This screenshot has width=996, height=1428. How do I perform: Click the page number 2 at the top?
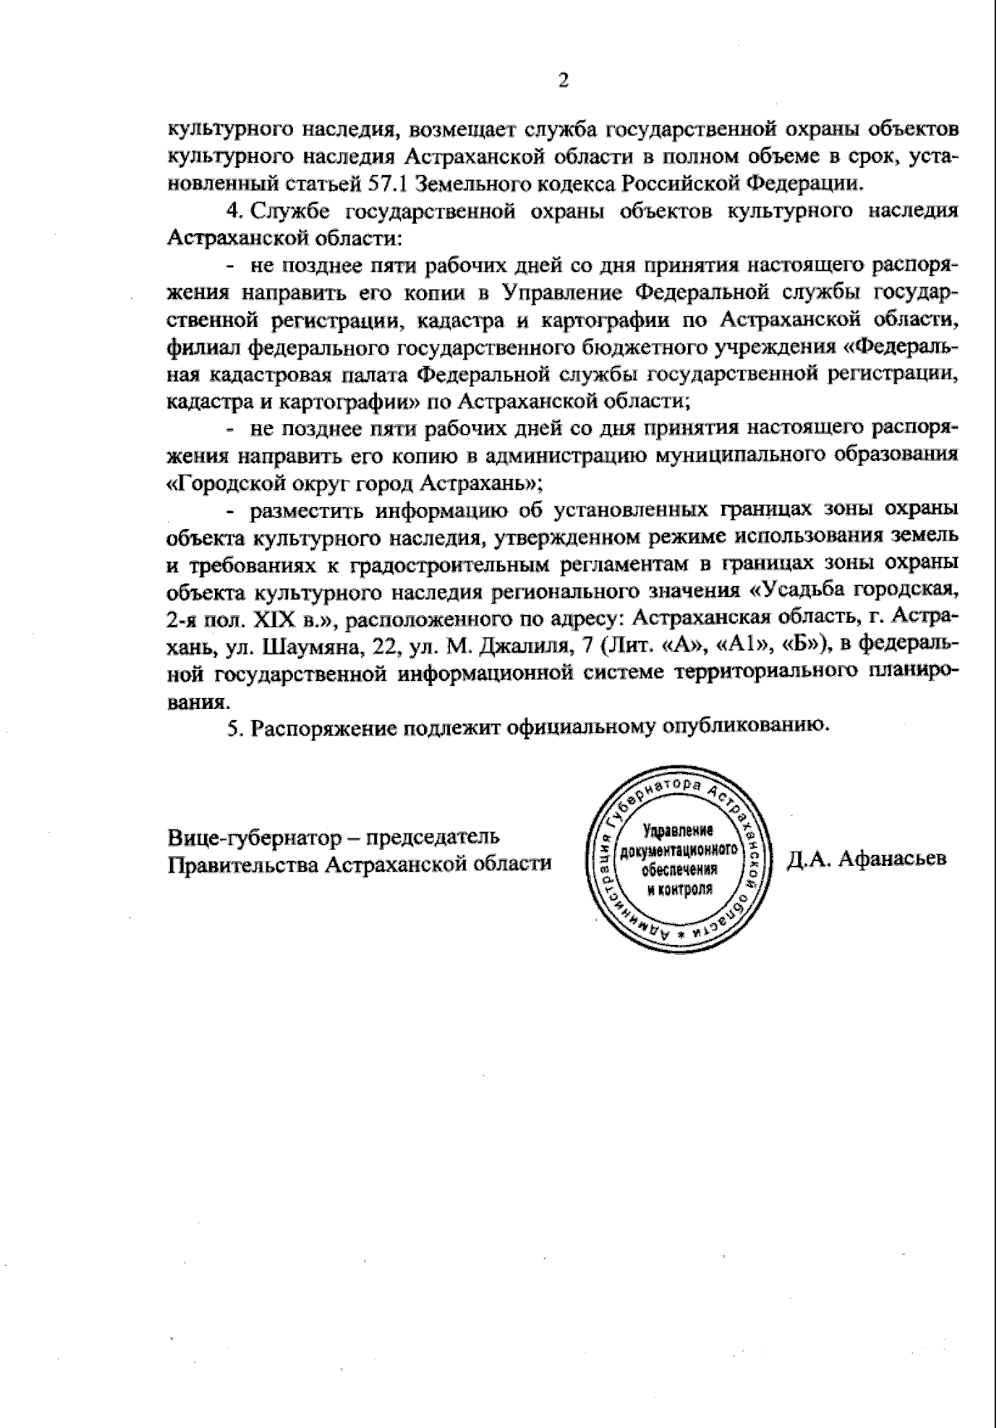pos(564,80)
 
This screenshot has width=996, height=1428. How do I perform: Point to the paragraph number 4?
pos(232,211)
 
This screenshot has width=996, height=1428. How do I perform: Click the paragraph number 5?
pos(233,726)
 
